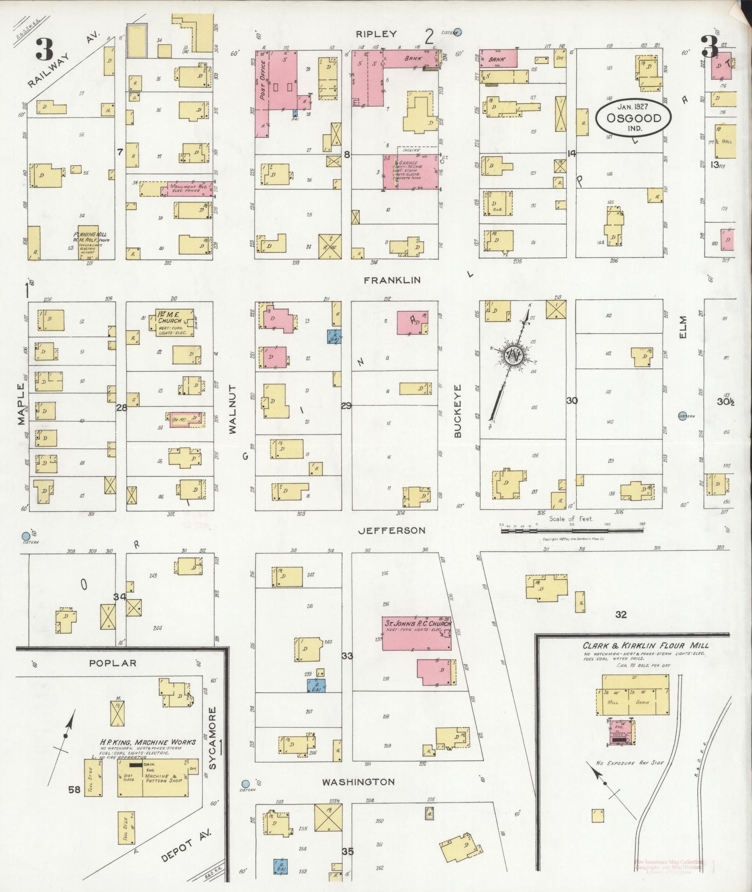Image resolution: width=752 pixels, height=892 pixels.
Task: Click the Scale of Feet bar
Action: (571, 530)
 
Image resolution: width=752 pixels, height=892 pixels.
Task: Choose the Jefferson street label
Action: (392, 530)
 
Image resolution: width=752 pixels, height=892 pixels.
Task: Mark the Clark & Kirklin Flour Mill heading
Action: (645, 646)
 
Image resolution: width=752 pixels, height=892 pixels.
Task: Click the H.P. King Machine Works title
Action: (147, 742)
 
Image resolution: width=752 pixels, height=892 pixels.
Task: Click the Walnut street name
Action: (233, 409)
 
